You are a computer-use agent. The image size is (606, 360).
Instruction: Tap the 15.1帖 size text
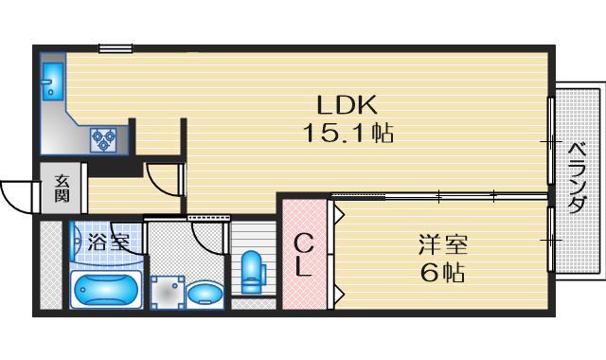(348, 134)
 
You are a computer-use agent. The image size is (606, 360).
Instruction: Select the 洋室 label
(442, 246)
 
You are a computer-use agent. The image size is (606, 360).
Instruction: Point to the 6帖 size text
(442, 274)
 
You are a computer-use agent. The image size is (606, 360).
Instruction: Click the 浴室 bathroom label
(108, 241)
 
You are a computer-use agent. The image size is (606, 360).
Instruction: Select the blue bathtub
(106, 287)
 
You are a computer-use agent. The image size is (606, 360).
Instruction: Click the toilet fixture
(253, 272)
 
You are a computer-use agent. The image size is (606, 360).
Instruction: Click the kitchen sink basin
(53, 80)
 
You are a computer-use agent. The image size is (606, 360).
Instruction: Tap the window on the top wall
(115, 47)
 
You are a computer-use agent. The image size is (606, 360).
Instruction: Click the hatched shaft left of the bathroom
(50, 265)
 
